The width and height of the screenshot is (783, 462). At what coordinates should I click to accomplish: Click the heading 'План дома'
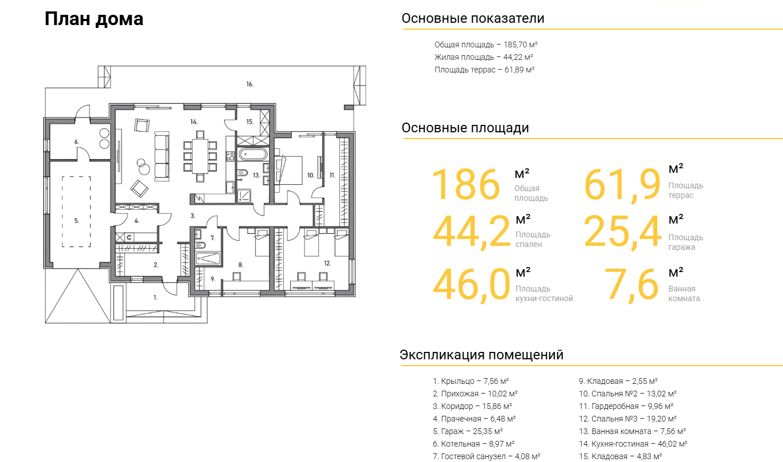coord(94,19)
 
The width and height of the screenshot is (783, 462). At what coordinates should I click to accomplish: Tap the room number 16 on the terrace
coord(250,84)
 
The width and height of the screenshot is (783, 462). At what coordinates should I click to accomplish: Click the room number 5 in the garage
coord(76,221)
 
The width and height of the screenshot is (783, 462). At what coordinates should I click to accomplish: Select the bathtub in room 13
coord(253,154)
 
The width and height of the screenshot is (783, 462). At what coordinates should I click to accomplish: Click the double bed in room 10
coord(290,171)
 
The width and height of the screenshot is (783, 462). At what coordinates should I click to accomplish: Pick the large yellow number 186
coord(466,184)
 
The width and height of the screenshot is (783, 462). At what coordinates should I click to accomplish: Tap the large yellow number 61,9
coord(622,184)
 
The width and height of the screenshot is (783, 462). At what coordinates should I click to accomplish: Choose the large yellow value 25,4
coord(623,232)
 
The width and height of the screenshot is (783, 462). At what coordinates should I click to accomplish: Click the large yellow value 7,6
coord(631,284)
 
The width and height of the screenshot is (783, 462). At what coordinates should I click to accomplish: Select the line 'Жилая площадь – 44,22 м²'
coord(484,57)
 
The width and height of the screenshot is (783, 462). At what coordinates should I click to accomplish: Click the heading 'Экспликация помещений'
coord(481,355)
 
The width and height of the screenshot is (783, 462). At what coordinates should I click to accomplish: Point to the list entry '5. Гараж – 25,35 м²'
coord(468,431)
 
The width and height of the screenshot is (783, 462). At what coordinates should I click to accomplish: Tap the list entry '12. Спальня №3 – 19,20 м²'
coord(627,419)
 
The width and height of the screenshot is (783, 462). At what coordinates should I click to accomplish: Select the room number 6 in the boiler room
coord(76,141)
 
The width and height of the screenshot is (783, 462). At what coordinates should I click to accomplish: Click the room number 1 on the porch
coord(155,298)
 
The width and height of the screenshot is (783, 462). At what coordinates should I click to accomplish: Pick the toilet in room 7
coord(200,245)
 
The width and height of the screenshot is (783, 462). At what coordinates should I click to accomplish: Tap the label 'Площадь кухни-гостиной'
coord(544,293)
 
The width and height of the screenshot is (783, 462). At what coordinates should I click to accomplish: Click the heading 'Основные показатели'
coord(473,18)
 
